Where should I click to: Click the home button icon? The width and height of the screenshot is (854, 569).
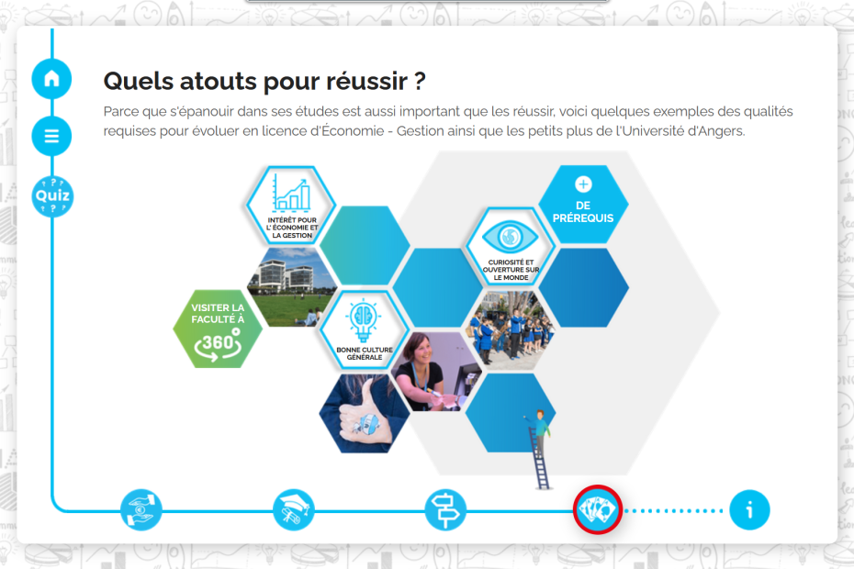tap(51, 79)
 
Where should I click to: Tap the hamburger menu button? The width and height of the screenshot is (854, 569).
tap(51, 136)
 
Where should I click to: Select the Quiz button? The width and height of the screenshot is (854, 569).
tap(52, 196)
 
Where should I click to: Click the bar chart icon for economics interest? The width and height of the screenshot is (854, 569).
tap(291, 192)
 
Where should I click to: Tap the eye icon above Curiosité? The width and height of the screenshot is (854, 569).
tap(510, 237)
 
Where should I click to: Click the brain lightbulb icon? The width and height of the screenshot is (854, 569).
tap(364, 320)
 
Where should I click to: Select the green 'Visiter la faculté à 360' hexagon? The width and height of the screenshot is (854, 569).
tap(218, 329)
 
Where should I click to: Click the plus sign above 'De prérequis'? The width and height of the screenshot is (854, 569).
tap(583, 184)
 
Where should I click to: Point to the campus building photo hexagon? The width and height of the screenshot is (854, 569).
tap(293, 287)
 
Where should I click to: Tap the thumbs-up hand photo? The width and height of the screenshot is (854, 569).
tap(364, 413)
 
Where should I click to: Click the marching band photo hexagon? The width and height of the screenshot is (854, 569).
tap(511, 329)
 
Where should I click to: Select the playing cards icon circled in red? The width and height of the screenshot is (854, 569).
tap(598, 509)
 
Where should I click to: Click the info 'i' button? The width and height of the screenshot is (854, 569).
tap(749, 510)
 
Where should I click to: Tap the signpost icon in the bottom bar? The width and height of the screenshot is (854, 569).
tap(445, 510)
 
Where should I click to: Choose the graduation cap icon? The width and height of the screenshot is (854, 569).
tap(294, 510)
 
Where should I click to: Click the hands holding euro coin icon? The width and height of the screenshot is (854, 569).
tap(141, 510)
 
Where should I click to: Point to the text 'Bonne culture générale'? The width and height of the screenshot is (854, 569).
tap(365, 353)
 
